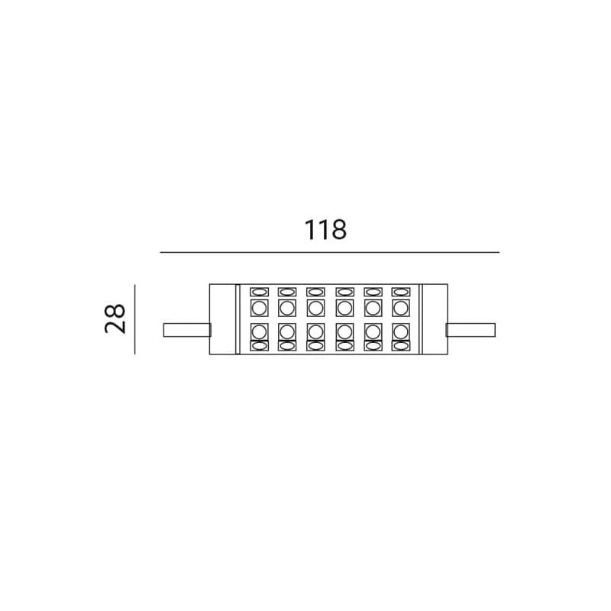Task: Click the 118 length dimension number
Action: [x=325, y=230]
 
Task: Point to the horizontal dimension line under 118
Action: [x=329, y=252]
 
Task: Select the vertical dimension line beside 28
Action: [x=134, y=318]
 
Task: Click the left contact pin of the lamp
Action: [x=186, y=330]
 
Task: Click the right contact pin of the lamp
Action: [x=470, y=330]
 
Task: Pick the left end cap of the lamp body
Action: [x=222, y=319]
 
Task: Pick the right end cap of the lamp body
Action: [x=434, y=319]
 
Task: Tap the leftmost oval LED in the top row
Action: [x=260, y=292]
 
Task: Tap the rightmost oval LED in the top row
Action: [x=400, y=292]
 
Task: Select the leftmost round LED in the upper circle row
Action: [x=260, y=308]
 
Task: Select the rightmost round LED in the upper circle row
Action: [x=400, y=308]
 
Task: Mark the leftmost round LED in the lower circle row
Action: [x=260, y=331]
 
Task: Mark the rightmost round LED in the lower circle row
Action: [x=400, y=331]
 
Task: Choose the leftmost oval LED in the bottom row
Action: [x=260, y=346]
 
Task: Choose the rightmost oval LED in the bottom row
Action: [x=400, y=346]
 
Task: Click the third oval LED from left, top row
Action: [x=315, y=292]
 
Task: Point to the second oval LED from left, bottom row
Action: [x=287, y=346]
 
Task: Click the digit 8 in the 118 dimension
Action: [x=338, y=230]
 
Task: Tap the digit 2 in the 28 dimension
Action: [x=115, y=327]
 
